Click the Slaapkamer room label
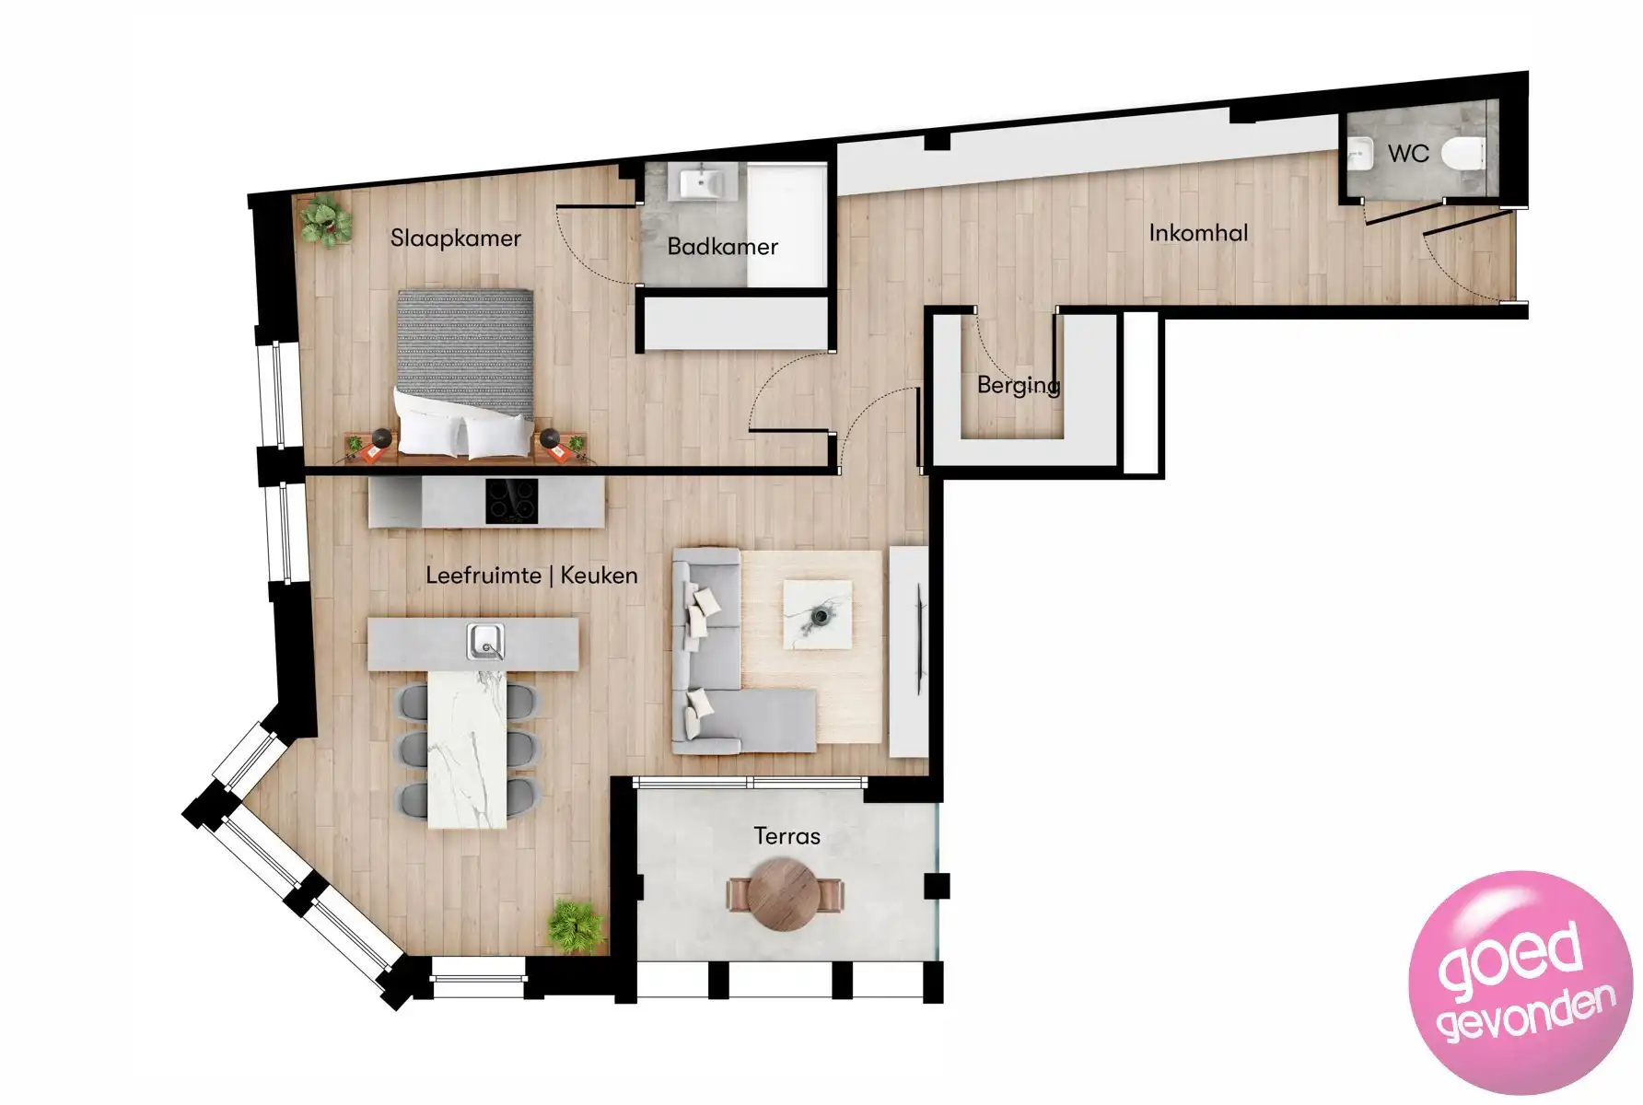(455, 238)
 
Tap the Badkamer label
(722, 247)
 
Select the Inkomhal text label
(1198, 233)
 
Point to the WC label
(1408, 153)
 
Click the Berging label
(1018, 385)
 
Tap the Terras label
(787, 836)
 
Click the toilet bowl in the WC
(1462, 154)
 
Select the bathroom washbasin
(706, 181)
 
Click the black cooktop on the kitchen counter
(512, 502)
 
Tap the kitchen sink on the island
(484, 642)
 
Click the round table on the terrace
(784, 893)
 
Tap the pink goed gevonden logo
(1520, 983)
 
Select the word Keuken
(599, 576)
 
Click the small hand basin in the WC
(1359, 155)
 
